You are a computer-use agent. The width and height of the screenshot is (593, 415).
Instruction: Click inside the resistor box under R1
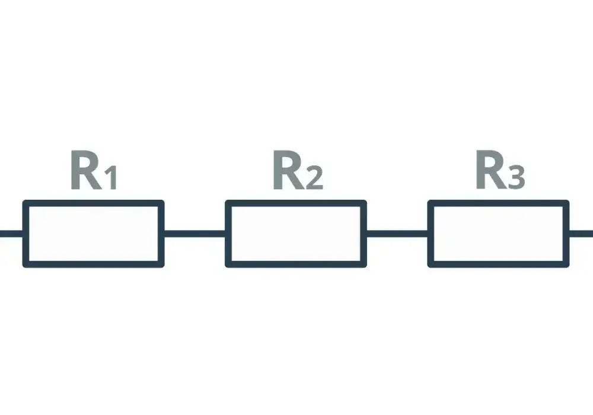[x=94, y=234]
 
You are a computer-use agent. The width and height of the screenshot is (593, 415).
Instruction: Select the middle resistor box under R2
[x=296, y=234]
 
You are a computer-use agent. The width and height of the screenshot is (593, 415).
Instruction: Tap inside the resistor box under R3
[x=499, y=234]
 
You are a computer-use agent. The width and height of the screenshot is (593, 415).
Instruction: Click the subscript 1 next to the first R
[x=110, y=177]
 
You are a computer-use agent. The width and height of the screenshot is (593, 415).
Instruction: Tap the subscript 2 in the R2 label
[x=314, y=177]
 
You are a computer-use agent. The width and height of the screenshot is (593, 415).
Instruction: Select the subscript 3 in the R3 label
[x=517, y=177]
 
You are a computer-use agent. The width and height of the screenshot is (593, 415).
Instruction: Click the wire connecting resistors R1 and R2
[x=195, y=234]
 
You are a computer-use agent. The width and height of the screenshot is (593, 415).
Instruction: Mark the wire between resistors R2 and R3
[x=397, y=234]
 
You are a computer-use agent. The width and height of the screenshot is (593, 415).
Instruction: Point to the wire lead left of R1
[x=11, y=234]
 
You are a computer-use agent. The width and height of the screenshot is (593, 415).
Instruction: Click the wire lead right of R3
[x=581, y=234]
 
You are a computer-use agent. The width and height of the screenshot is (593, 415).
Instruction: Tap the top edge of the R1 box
[x=94, y=203]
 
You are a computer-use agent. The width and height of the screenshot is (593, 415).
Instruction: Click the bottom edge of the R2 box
[x=296, y=264]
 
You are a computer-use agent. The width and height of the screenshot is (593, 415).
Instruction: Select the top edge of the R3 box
[x=499, y=203]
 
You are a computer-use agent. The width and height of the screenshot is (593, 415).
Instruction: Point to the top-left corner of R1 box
[x=24, y=202]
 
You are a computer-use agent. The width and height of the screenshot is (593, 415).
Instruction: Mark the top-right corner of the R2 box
[x=365, y=202]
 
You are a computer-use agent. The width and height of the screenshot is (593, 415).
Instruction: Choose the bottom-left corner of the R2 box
[x=227, y=266]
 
